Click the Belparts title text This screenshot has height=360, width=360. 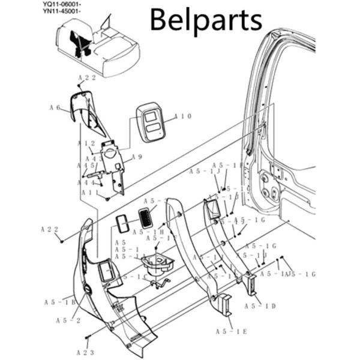click(x=205, y=19)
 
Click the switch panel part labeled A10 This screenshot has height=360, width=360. click(x=151, y=122)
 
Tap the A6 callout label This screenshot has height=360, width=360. click(x=55, y=108)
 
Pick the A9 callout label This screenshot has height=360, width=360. click(x=137, y=157)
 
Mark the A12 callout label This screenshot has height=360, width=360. click(x=88, y=143)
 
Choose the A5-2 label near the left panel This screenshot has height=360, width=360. click(x=68, y=320)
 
